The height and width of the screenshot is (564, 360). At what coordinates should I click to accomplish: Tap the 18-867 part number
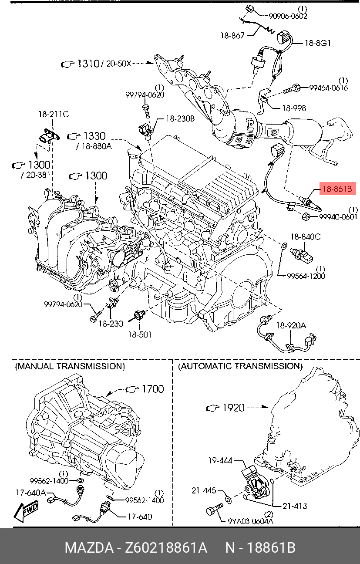tap(232, 36)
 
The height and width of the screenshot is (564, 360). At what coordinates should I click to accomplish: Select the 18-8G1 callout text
tap(318, 43)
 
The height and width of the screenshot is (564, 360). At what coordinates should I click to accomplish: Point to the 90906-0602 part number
tap(288, 16)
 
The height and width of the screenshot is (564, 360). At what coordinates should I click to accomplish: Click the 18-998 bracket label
tap(294, 108)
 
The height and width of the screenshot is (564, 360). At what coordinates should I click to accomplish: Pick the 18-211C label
tap(54, 114)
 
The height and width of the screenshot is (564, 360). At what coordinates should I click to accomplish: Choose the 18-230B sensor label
tap(180, 118)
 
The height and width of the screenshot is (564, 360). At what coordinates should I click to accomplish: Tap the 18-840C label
tap(306, 236)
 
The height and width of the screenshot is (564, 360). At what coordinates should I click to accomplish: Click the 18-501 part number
tap(140, 334)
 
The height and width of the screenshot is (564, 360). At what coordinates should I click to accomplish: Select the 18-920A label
tap(291, 325)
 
